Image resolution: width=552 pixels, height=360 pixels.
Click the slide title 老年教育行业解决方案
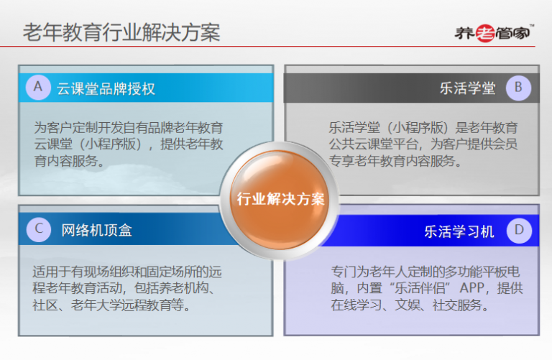click(121, 32)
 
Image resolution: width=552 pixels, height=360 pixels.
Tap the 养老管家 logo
click(494, 33)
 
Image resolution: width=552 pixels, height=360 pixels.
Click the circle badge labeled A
click(38, 87)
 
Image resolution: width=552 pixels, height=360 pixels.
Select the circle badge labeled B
click(518, 88)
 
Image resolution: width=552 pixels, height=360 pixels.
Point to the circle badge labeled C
click(39, 229)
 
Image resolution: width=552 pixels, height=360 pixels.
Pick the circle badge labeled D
click(519, 231)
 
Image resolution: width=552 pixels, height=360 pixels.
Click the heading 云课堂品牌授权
click(106, 88)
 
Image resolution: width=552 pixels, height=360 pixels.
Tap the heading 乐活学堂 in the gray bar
click(468, 88)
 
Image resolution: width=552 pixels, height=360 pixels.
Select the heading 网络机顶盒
click(97, 231)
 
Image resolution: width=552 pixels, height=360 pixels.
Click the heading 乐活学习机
click(459, 231)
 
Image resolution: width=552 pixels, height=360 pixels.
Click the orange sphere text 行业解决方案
click(280, 199)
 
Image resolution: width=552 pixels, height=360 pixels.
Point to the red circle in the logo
click(485, 34)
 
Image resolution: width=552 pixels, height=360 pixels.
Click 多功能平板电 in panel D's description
click(482, 272)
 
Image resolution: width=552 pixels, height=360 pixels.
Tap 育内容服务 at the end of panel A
click(66, 161)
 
